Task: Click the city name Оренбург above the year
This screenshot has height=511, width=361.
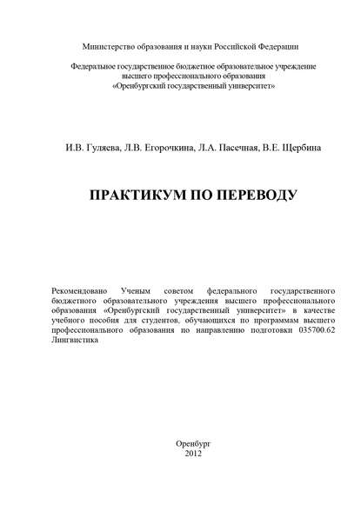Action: (x=193, y=468)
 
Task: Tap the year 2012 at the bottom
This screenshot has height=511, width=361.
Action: (x=193, y=478)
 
